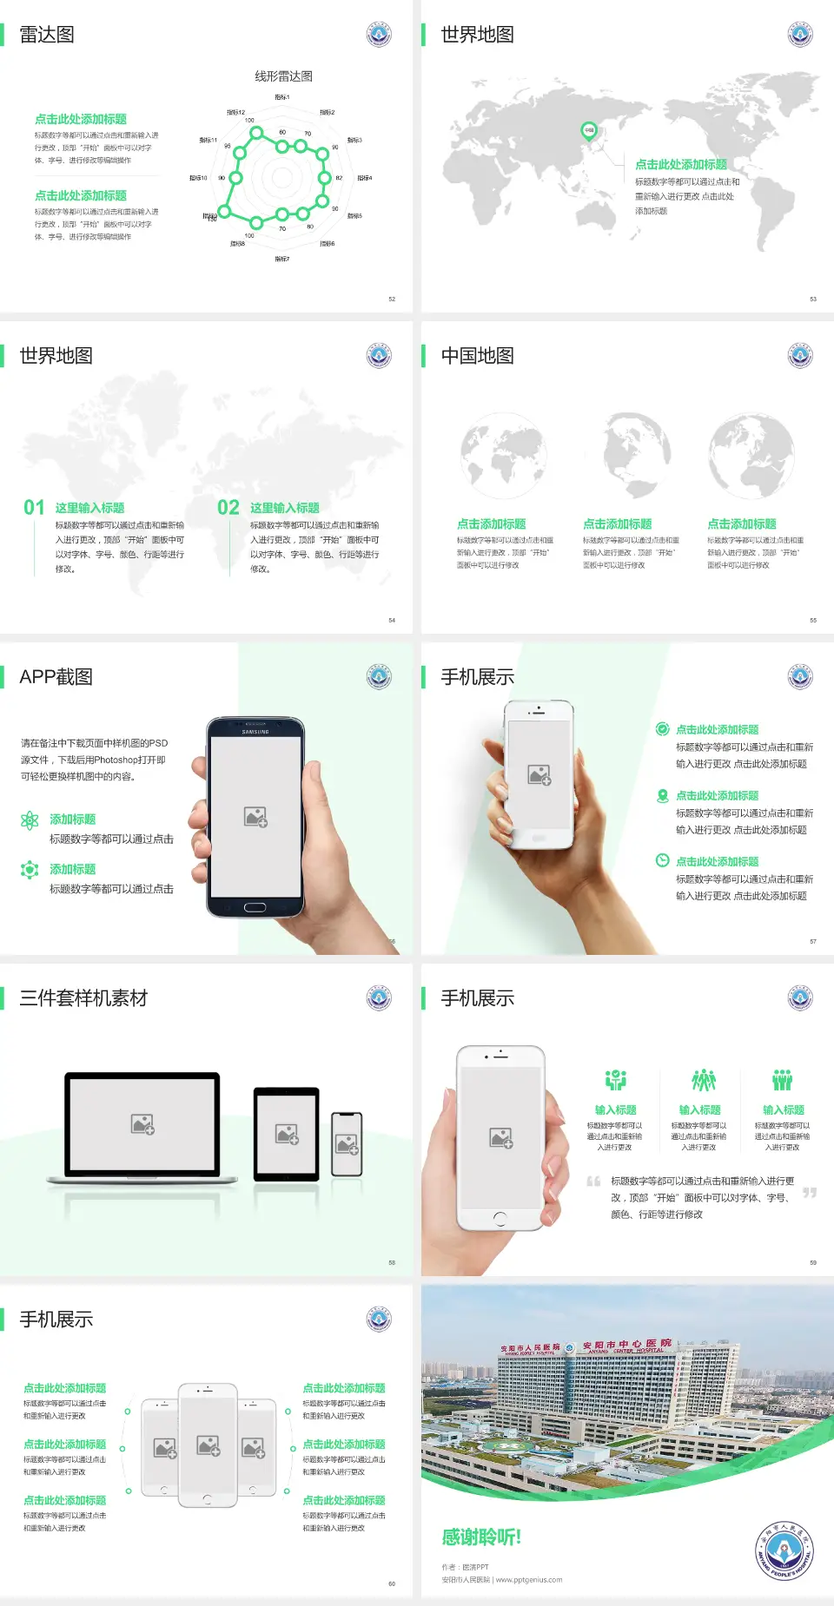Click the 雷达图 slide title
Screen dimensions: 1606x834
point(47,35)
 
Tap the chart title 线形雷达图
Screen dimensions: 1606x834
point(283,76)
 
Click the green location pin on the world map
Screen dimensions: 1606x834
point(588,131)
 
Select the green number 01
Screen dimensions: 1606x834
point(34,508)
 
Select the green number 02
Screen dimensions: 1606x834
point(228,508)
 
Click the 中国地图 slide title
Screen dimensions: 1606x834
point(477,356)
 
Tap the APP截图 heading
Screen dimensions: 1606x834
point(56,677)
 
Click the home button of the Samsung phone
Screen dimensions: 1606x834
point(255,907)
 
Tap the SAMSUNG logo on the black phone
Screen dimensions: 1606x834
point(255,732)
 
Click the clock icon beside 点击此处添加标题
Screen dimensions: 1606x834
point(662,860)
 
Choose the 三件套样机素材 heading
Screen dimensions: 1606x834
point(83,998)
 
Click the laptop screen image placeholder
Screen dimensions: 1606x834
point(142,1124)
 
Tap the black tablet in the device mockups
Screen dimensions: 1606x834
point(287,1134)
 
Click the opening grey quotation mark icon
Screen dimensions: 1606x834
point(593,1181)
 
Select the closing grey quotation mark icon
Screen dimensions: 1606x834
point(810,1193)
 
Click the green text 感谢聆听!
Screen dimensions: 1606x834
point(481,1537)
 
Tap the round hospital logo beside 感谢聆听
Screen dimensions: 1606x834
point(784,1550)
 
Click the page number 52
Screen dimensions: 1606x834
point(392,299)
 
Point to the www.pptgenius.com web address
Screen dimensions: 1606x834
point(529,1580)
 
